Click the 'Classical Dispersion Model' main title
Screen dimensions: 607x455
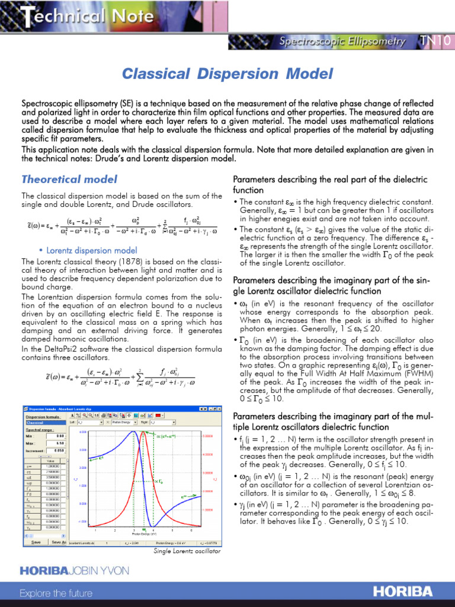pos(227,74)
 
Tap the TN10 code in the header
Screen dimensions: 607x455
pos(435,41)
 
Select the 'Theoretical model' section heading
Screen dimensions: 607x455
pos(69,179)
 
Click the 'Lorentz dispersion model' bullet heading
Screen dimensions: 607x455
pos(91,250)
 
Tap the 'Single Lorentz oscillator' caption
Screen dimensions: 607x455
pos(187,551)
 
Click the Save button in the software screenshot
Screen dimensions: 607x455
pos(36,541)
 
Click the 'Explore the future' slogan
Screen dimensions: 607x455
pos(56,593)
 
